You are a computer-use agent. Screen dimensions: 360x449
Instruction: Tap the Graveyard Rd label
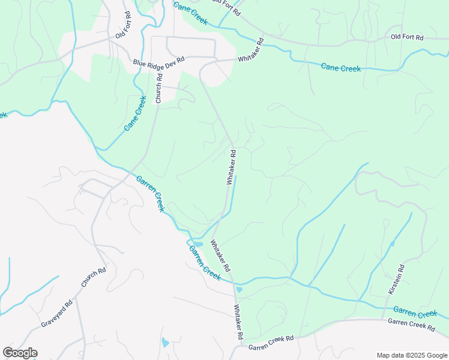pyautogui.click(x=56, y=313)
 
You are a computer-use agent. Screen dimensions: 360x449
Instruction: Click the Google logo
pyautogui.click(x=20, y=353)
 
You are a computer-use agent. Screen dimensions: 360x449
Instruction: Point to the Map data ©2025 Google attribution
pyautogui.click(x=411, y=355)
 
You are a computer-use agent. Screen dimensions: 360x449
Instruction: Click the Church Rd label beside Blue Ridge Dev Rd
pyautogui.click(x=159, y=90)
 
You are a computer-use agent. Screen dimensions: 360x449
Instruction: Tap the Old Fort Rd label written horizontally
pyautogui.click(x=406, y=37)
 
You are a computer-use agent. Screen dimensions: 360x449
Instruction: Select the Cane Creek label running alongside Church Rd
pyautogui.click(x=135, y=113)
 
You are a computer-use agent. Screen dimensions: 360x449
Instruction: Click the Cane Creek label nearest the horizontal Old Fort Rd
pyautogui.click(x=340, y=68)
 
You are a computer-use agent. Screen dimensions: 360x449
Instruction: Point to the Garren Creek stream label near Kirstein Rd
pyautogui.click(x=415, y=312)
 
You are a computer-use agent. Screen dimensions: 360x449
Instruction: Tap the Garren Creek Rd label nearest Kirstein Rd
pyautogui.click(x=411, y=324)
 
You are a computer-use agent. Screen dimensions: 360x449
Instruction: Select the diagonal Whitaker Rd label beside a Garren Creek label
pyautogui.click(x=220, y=256)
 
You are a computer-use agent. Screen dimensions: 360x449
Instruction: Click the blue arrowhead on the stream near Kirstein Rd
pyautogui.click(x=392, y=243)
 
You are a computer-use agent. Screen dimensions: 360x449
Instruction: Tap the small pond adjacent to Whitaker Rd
pyautogui.click(x=240, y=290)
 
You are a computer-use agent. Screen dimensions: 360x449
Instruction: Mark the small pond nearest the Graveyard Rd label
pyautogui.click(x=164, y=343)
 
